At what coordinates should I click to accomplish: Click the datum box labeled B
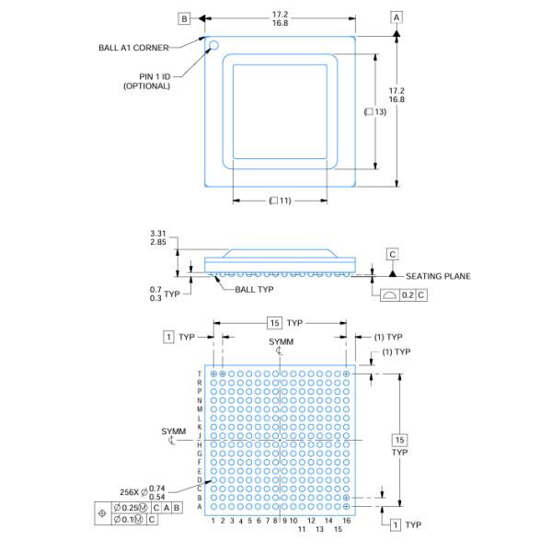pyautogui.click(x=184, y=18)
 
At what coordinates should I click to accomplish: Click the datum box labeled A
pyautogui.click(x=397, y=17)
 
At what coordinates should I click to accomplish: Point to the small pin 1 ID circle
pyautogui.click(x=213, y=44)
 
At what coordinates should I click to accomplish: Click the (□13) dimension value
pyautogui.click(x=374, y=111)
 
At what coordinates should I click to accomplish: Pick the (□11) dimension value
pyautogui.click(x=280, y=201)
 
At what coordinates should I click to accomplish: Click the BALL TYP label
pyautogui.click(x=255, y=289)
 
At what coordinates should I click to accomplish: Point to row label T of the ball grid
pyautogui.click(x=200, y=374)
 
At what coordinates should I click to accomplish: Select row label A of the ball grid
pyautogui.click(x=200, y=506)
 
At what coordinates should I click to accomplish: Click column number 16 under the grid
pyautogui.click(x=346, y=521)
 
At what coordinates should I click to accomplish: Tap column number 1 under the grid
pyautogui.click(x=213, y=521)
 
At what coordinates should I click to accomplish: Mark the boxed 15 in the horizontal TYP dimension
pyautogui.click(x=274, y=323)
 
